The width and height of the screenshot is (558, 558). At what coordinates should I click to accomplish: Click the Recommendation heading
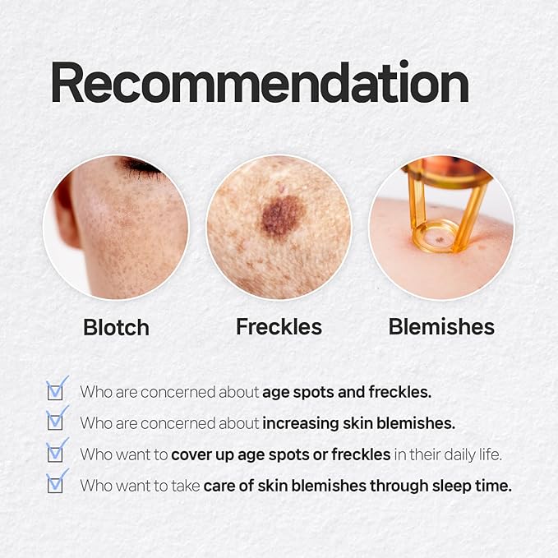coord(259,83)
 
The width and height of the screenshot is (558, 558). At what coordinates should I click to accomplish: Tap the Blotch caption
coord(116,327)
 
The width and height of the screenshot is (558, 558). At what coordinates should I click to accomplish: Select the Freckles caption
coord(279,326)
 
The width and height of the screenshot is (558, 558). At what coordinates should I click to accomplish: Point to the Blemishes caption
coord(441,326)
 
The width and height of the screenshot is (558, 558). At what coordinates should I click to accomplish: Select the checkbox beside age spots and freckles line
coord(56,390)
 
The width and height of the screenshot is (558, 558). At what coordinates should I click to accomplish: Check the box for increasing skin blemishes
coord(56,422)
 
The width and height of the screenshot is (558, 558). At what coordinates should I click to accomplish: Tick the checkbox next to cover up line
coord(56,453)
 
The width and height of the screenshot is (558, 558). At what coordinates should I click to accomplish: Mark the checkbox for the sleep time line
coord(56,484)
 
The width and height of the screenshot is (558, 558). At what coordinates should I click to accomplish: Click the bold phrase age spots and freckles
coord(346,392)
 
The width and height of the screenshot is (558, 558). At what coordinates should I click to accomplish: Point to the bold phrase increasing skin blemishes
coord(358,423)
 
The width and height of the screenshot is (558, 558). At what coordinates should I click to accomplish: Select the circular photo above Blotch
coord(116,227)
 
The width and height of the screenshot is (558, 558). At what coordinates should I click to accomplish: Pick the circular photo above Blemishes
coord(441,227)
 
